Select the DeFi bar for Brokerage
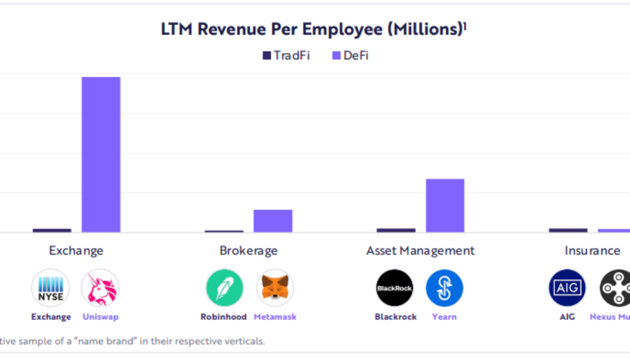coord(272,221)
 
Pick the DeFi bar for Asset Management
coord(445,205)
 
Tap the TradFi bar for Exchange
coord(52,230)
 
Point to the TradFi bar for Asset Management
coord(396,230)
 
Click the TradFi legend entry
coord(286,56)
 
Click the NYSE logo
coord(51,288)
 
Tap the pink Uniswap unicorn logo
coord(100,288)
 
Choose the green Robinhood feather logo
coord(224,288)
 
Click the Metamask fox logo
coord(275,288)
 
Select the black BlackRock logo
coord(395,288)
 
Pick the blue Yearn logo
coord(445,288)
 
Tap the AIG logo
coord(567,288)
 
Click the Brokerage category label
coord(248,250)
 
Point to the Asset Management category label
coord(420,250)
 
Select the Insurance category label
coord(592,250)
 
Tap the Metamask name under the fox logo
coord(275,317)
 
